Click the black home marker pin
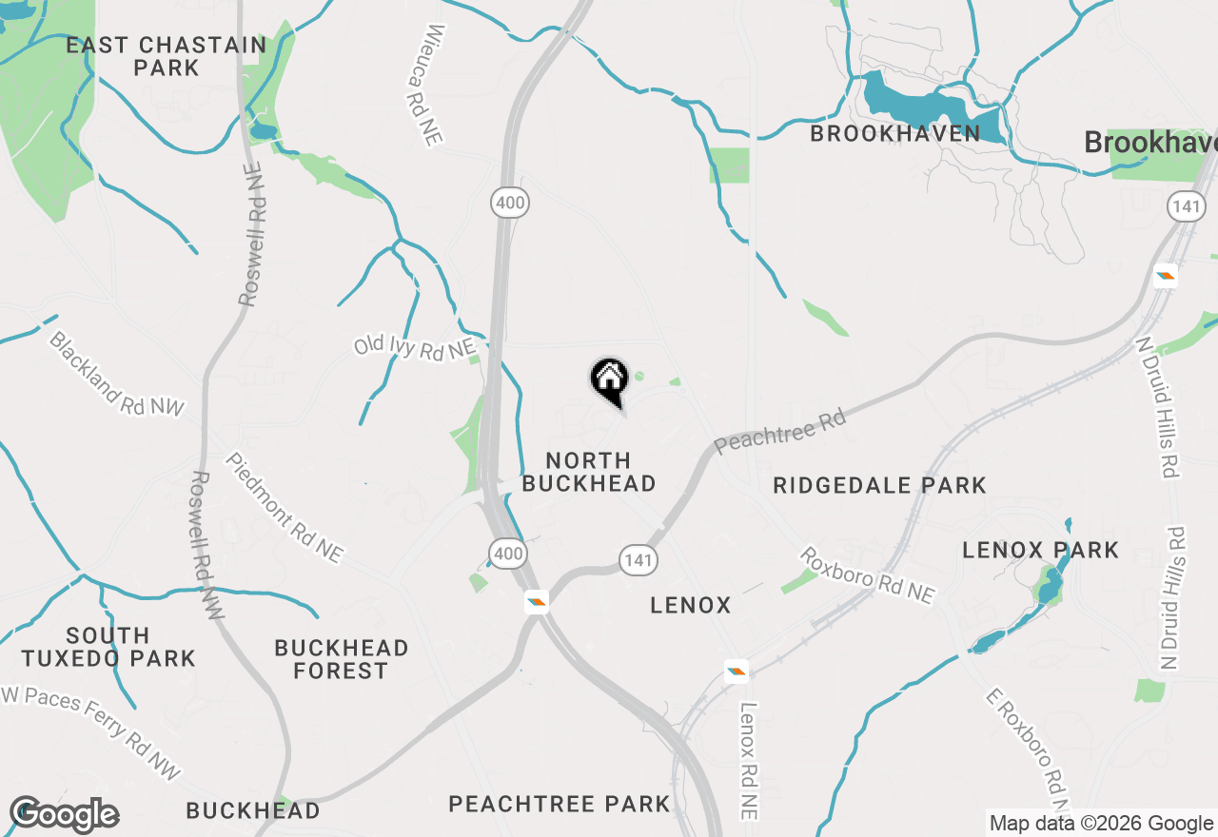[610, 380]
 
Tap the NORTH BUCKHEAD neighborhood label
[589, 472]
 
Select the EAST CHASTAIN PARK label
[167, 56]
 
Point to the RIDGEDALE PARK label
[879, 485]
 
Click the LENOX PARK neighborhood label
[1040, 550]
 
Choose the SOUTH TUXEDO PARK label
[108, 646]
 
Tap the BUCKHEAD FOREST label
[341, 659]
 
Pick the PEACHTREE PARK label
[560, 804]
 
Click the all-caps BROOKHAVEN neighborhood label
[894, 133]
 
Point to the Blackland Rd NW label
[116, 374]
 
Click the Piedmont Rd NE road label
[284, 507]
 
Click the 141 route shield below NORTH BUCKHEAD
[638, 560]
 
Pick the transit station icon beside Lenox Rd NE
[736, 672]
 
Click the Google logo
[64, 814]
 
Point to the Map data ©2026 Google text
[1101, 824]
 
